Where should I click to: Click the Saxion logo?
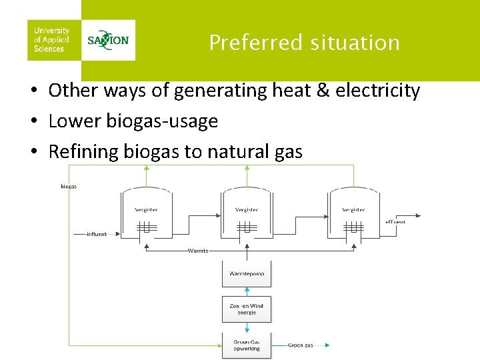[108, 39]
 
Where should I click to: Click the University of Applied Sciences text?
[51, 40]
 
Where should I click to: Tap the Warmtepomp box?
[247, 273]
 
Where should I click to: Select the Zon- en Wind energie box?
[247, 309]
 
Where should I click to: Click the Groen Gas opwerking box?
[247, 345]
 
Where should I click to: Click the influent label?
[97, 234]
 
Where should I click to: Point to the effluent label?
[395, 221]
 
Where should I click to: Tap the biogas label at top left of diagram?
[69, 187]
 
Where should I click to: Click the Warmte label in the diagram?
[198, 251]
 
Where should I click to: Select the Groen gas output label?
[300, 345]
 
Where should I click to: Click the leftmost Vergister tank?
[147, 213]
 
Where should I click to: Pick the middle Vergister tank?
[247, 213]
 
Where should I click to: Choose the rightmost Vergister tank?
[353, 213]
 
